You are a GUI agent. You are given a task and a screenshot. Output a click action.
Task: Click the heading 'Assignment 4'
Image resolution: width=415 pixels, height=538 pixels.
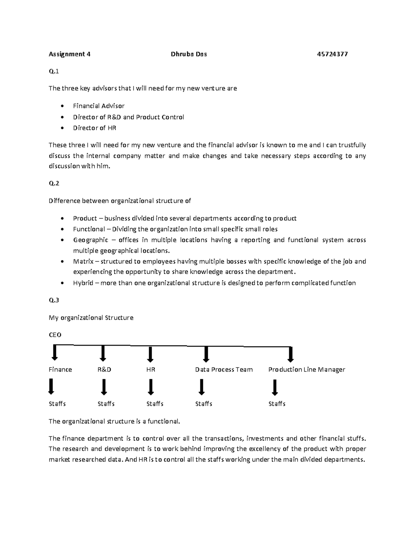point(70,54)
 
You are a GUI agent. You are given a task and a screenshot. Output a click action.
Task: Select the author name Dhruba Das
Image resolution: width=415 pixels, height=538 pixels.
point(189,54)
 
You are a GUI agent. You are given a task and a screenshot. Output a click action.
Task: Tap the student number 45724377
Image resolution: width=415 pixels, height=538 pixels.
point(332,54)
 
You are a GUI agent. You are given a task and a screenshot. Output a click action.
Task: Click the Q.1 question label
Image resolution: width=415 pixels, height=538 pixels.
point(54,71)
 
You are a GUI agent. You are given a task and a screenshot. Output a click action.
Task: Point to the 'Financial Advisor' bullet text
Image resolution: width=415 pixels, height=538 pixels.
point(99,106)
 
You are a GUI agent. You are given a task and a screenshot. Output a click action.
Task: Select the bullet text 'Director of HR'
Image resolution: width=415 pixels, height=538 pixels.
point(94,128)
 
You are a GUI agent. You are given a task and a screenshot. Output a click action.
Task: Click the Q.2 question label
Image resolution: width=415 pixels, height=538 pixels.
point(54,183)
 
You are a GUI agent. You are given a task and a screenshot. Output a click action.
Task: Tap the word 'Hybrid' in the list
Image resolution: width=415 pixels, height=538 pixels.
point(83,283)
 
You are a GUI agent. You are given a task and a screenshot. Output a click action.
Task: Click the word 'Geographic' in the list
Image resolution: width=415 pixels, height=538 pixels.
point(91,240)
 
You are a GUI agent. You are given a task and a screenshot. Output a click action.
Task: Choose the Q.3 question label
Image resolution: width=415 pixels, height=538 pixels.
point(54,300)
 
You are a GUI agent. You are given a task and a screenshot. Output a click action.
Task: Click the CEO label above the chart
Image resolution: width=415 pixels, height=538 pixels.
point(55,335)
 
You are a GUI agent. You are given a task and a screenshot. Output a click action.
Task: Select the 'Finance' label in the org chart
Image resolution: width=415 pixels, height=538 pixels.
point(60,370)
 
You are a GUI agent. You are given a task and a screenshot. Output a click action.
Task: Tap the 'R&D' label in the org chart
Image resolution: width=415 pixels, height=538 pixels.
point(104,370)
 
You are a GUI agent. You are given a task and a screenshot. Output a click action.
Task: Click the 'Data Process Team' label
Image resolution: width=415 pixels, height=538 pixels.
point(224,370)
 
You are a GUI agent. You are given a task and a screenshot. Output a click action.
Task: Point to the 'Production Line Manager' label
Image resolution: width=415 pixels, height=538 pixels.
point(306,370)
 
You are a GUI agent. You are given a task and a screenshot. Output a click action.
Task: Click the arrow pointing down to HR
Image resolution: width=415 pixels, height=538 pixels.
point(150,354)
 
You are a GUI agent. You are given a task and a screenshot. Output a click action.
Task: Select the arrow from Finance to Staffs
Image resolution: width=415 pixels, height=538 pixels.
point(51,387)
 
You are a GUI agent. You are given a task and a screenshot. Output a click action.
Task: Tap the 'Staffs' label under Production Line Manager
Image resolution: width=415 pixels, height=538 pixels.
point(277,404)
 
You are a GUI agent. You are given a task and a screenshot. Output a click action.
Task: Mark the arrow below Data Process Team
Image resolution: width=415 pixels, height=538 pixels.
point(202,387)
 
